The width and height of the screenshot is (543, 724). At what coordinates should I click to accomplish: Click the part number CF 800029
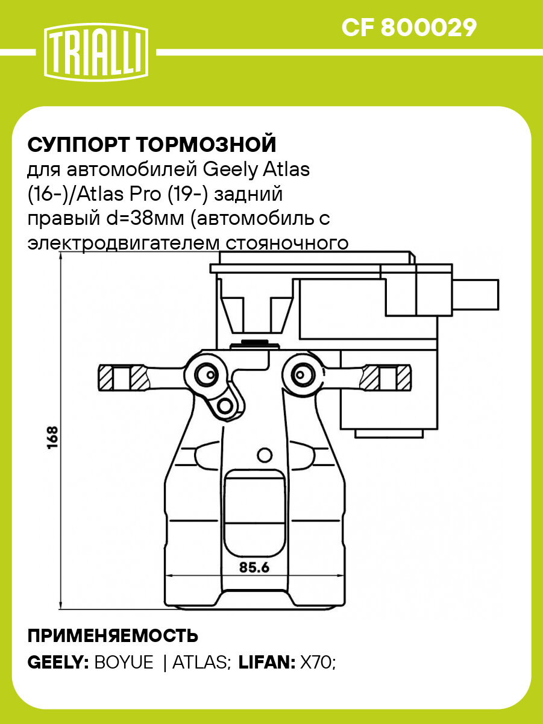409,27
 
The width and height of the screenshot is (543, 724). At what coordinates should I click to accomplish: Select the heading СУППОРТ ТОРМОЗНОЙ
152,145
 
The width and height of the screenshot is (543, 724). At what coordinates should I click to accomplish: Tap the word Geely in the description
232,169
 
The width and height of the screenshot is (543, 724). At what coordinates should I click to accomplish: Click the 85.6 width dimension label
253,567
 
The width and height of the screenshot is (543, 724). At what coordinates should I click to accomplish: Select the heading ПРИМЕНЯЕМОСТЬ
113,636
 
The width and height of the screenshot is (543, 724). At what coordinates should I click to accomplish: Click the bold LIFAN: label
267,663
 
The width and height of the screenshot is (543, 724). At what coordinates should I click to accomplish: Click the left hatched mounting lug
124,378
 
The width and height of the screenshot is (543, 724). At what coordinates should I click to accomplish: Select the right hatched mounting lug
385,378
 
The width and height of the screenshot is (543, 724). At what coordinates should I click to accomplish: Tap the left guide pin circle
204,374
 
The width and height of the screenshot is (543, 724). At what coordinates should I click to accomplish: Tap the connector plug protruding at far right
476,294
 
